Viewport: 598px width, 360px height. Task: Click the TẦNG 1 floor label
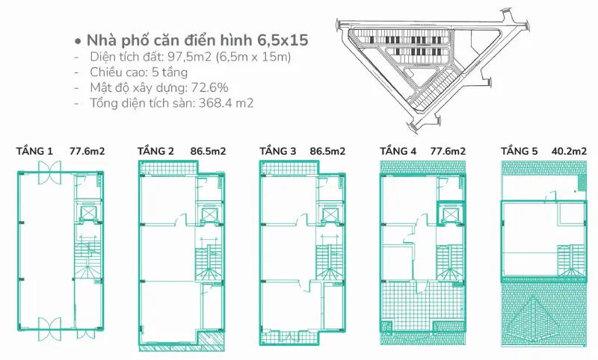34,151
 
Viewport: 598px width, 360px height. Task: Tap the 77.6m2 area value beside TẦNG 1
87,151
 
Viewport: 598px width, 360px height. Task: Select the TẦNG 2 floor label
155,151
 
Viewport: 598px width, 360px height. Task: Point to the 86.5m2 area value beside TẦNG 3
327,151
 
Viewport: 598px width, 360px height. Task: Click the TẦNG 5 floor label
519,151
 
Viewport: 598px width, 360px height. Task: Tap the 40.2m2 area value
569,151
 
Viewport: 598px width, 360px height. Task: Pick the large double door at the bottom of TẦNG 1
49,329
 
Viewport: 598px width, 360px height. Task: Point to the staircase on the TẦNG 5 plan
571,261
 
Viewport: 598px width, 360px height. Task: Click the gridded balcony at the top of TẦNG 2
168,167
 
